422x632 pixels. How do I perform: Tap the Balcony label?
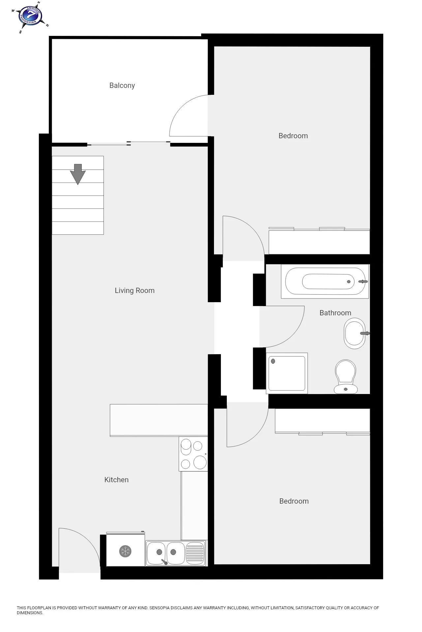tap(122, 86)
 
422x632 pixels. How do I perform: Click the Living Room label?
tap(135, 290)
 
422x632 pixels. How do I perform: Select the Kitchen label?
tap(116, 480)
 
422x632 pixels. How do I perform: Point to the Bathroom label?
tap(335, 313)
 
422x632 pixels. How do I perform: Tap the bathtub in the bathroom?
tap(325, 281)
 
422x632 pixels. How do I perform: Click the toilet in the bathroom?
tap(346, 377)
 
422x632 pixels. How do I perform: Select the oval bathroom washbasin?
tap(355, 333)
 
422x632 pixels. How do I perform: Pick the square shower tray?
tap(287, 373)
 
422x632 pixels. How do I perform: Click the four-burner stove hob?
tap(194, 454)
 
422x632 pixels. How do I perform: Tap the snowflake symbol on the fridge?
tap(125, 551)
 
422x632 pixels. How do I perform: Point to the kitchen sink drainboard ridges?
tap(195, 552)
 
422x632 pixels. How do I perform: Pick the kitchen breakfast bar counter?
tap(159, 420)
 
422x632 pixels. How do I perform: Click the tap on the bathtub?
tap(363, 281)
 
